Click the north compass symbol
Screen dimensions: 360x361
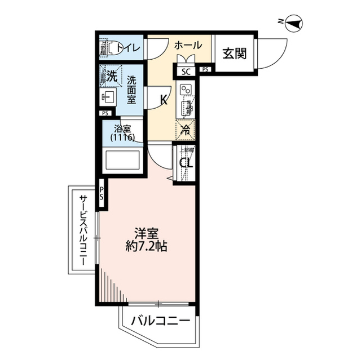pos(294,24)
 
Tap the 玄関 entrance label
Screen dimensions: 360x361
pos(233,54)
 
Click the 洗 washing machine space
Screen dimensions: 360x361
pos(112,77)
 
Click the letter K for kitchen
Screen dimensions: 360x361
pos(164,100)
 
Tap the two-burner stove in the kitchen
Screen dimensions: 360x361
pos(186,90)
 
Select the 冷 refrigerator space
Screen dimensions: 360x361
pos(185,130)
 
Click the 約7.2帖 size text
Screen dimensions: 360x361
pos(147,246)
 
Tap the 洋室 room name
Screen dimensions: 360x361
pos(146,233)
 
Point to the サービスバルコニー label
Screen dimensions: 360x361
pos(83,232)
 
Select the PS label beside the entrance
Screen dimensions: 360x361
pos(206,70)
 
